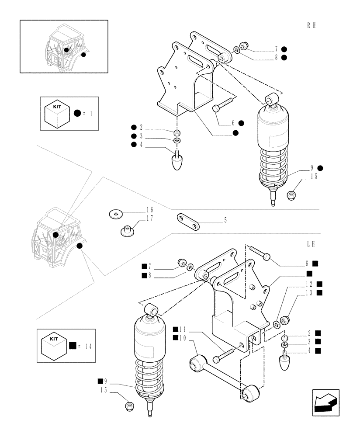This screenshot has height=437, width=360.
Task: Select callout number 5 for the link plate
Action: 225,221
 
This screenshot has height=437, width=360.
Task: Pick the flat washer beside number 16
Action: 116,214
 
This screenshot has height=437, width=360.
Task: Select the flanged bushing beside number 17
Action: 126,229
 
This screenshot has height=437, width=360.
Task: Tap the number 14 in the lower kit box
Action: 89,347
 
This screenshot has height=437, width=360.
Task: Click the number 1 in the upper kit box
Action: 91,114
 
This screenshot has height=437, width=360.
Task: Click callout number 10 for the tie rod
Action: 183,338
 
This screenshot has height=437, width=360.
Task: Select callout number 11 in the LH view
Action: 183,329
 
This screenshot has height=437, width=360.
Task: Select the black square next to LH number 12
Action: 319,284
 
